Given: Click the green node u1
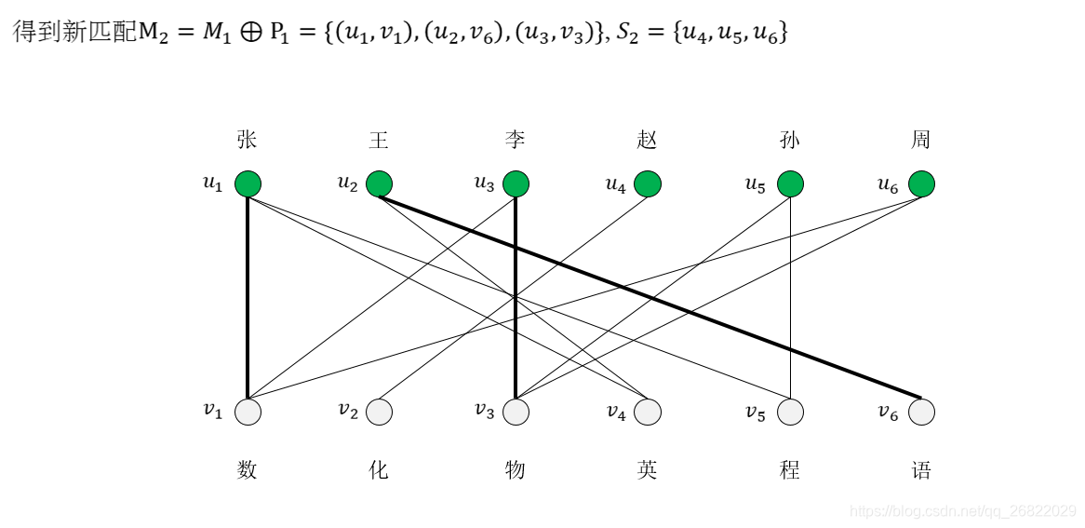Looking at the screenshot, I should [248, 184].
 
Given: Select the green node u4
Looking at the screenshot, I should [648, 184].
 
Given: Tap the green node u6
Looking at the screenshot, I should [921, 184].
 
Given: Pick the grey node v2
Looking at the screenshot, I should [379, 411].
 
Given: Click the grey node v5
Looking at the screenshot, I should [790, 411].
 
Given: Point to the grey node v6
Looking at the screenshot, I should [921, 411].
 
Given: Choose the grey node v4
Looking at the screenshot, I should [648, 411].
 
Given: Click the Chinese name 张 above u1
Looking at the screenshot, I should [247, 141].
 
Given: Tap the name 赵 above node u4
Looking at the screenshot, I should [648, 141].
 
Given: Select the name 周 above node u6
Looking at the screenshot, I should [921, 141].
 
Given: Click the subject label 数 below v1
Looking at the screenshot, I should [247, 470].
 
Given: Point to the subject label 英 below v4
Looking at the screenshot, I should [648, 470].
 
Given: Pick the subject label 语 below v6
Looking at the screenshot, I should [921, 470].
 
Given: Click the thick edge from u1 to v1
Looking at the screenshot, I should [248, 298].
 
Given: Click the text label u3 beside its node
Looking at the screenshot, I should [485, 183].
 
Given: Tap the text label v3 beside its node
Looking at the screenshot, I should [485, 411].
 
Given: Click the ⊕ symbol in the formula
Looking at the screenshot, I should [247, 33].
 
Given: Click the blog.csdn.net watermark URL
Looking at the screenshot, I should [963, 511].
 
